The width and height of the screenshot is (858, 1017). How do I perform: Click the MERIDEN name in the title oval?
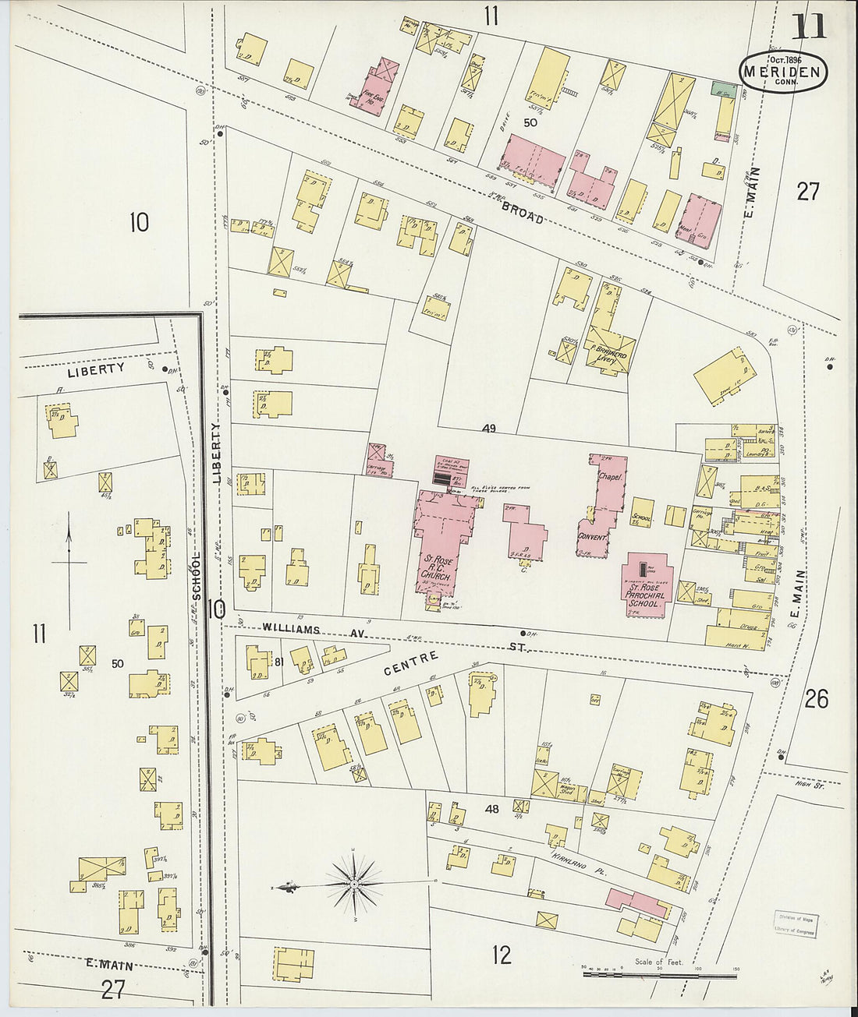pyautogui.click(x=782, y=72)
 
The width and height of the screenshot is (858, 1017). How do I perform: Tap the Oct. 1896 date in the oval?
pyautogui.click(x=785, y=59)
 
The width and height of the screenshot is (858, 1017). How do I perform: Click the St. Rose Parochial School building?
pyautogui.click(x=647, y=585)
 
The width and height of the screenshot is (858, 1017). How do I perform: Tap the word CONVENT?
pyautogui.click(x=593, y=537)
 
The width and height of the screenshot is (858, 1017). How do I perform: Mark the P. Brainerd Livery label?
pyautogui.click(x=609, y=354)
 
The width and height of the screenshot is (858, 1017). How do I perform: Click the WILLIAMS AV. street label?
pyautogui.click(x=304, y=630)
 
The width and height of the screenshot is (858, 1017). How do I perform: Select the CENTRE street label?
pyautogui.click(x=410, y=663)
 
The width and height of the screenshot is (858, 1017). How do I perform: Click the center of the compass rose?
pyautogui.click(x=353, y=884)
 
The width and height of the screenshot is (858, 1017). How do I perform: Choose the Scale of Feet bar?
pyautogui.click(x=659, y=974)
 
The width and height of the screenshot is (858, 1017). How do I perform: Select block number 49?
pyautogui.click(x=489, y=428)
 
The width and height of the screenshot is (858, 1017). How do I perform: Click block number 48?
pyautogui.click(x=491, y=809)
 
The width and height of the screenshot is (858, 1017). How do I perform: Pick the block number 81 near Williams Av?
pyautogui.click(x=278, y=662)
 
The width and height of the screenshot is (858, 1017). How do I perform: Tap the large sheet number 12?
pyautogui.click(x=502, y=954)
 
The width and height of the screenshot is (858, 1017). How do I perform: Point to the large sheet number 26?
pyautogui.click(x=816, y=699)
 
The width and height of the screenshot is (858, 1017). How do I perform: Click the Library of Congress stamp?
pyautogui.click(x=795, y=924)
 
